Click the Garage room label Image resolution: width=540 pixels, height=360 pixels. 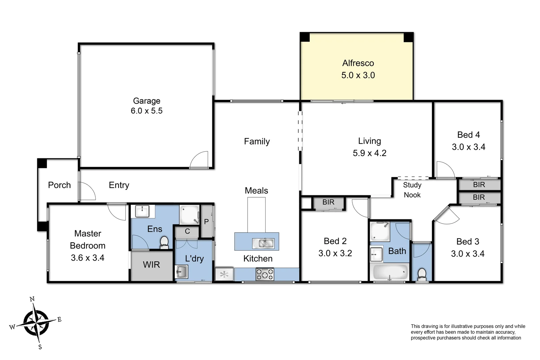coord(147,101)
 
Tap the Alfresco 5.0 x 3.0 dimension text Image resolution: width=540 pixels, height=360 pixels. coord(358,75)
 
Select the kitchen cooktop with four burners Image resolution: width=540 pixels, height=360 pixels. coord(265,274)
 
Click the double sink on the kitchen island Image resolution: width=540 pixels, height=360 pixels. coord(263,243)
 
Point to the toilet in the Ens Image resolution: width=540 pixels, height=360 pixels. coord(164,242)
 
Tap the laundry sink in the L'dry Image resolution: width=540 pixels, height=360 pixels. coord(181,272)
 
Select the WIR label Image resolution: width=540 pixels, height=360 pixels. coord(151,265)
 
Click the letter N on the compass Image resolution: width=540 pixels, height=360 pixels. coord(32,299)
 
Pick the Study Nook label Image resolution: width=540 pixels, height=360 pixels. coord(412,190)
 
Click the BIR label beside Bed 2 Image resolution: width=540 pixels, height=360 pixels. coord(328,202)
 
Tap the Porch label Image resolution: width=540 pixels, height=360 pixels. coord(59,185)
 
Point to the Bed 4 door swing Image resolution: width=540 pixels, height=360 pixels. coord(445,170)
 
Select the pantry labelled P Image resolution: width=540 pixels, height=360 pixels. coord(206,222)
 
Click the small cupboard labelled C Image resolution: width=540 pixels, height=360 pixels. coord(187,231)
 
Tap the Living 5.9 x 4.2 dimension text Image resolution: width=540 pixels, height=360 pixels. coord(369,153)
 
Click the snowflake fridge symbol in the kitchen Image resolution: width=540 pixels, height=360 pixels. coord(224,274)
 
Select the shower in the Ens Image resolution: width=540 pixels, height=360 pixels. coord(189,215)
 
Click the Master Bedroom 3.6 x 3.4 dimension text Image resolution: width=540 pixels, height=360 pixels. coord(87,258)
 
